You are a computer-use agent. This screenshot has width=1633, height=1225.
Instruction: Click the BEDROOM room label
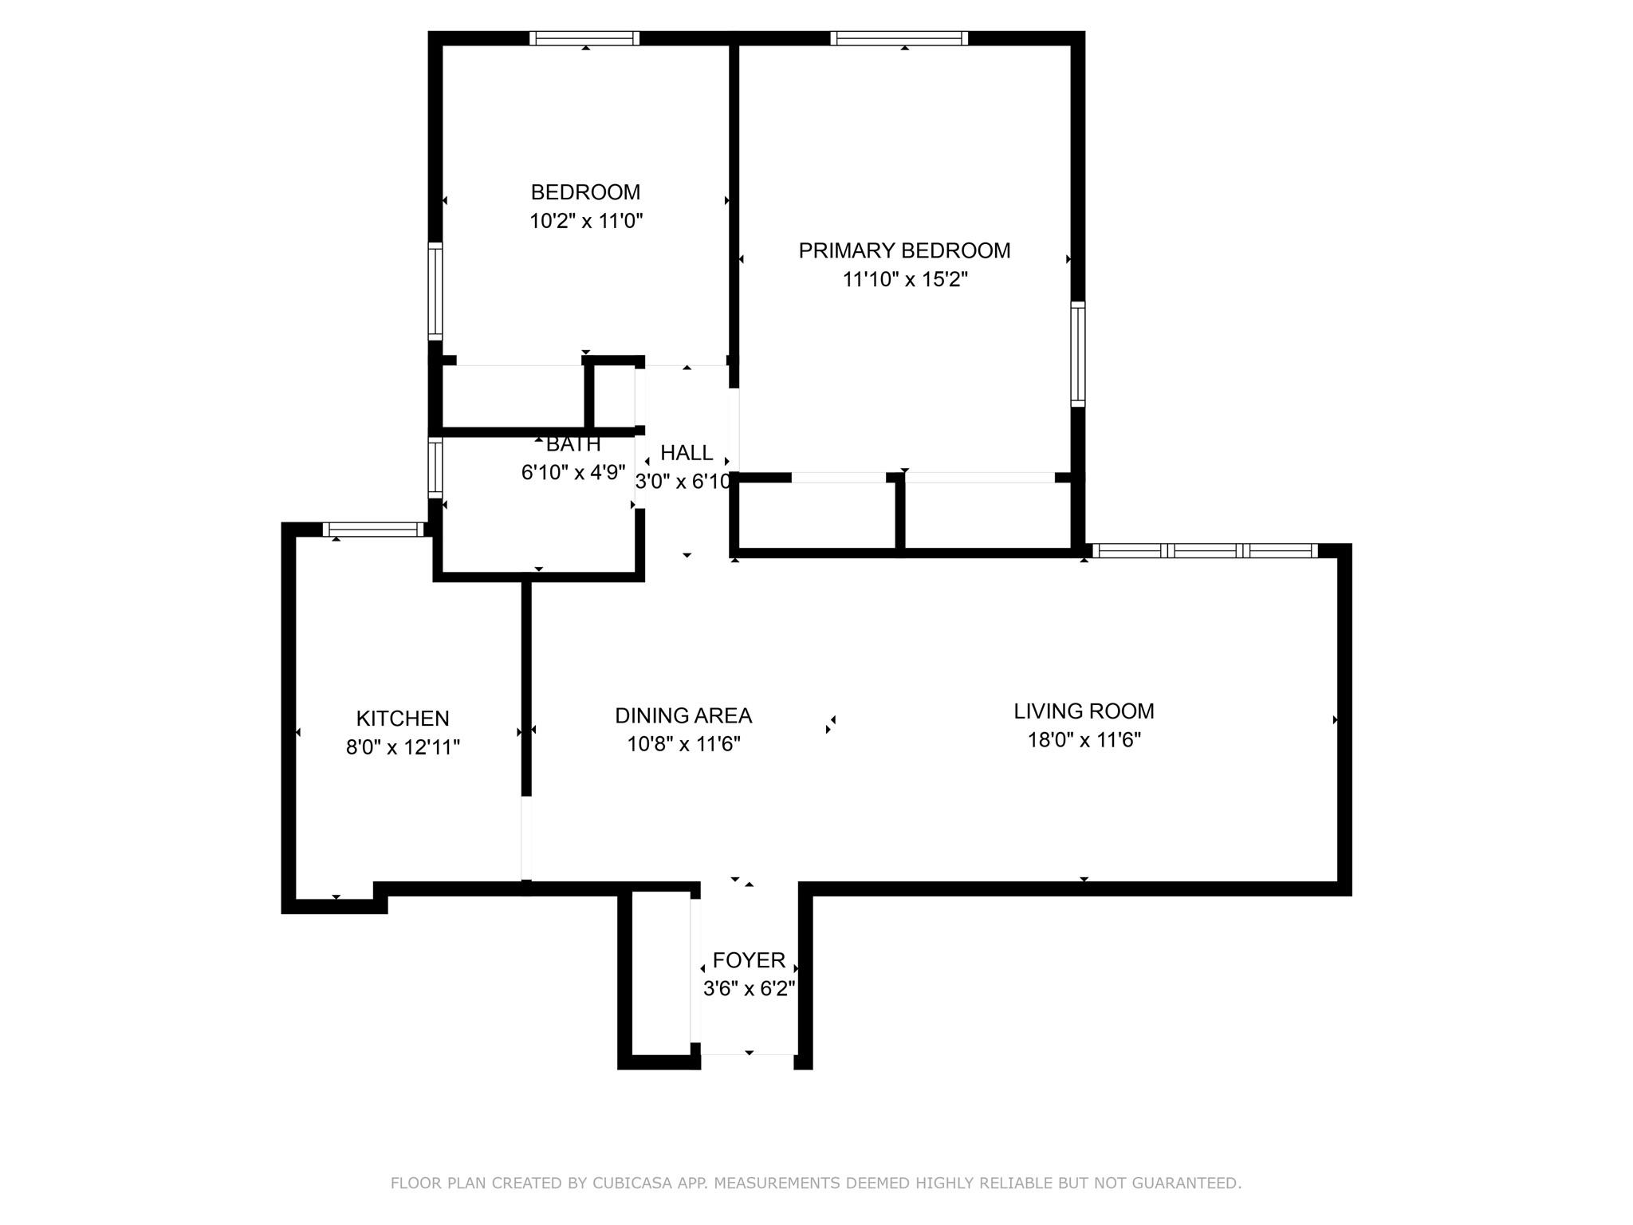click(585, 192)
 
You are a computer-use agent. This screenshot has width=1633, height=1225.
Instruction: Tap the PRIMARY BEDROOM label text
click(904, 250)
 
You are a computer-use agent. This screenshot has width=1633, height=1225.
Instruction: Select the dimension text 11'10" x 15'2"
click(904, 280)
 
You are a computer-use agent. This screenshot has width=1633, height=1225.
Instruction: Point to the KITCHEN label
click(403, 719)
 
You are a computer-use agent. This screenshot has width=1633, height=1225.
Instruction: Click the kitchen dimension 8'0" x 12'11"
click(403, 747)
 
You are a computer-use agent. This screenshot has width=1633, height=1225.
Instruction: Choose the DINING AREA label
click(683, 715)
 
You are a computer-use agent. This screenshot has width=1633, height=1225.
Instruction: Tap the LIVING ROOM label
click(1084, 711)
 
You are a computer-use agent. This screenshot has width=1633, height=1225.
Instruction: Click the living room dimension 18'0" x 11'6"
click(1084, 740)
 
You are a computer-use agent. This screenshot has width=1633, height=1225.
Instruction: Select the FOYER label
click(749, 959)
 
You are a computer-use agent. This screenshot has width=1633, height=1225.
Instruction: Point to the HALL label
click(687, 453)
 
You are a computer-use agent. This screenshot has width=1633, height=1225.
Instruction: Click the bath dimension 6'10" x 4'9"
click(573, 473)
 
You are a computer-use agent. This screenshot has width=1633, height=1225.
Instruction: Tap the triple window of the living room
click(1204, 550)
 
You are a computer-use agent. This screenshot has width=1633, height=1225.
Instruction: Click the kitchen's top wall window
click(373, 529)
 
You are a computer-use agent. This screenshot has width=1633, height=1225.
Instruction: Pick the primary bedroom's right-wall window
click(1077, 354)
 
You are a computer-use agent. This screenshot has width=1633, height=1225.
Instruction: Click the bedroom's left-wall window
click(435, 291)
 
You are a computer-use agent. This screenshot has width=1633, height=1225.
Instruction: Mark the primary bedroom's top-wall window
click(899, 38)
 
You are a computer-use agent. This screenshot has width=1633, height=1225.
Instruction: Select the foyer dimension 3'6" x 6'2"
click(749, 989)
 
